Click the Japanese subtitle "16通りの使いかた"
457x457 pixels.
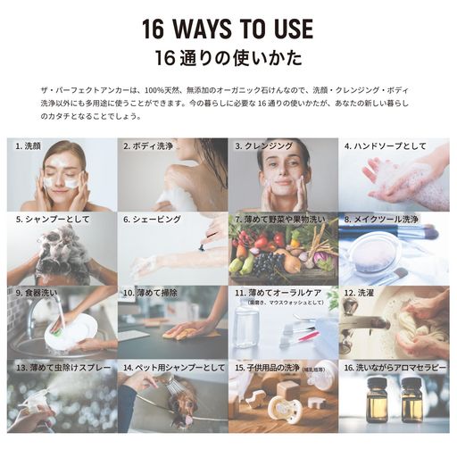pos(228,60)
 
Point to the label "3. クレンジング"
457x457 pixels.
pos(267,145)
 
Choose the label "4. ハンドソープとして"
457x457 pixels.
pos(385,145)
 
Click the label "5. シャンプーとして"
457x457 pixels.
pos(46,219)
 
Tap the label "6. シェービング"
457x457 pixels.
pos(152,219)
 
